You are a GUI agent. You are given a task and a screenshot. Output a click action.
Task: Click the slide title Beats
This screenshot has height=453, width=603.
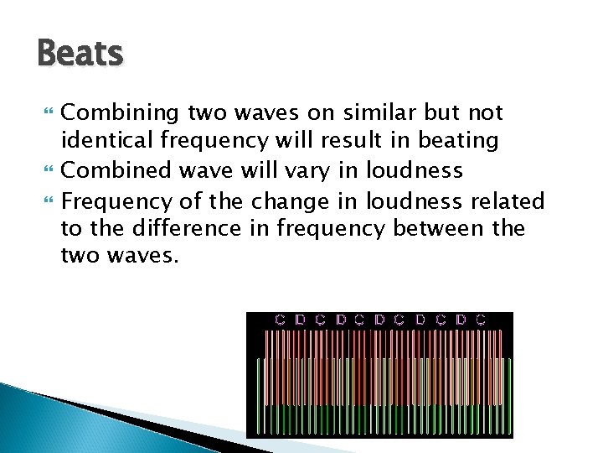[80, 55]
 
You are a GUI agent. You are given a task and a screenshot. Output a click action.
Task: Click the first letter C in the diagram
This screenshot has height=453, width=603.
[281, 320]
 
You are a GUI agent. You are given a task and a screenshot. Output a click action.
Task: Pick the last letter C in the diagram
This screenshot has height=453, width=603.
[481, 320]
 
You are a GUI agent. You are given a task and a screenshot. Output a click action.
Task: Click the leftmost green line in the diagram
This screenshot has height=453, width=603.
[259, 394]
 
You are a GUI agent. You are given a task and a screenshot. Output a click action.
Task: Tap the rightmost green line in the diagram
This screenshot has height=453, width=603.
[508, 394]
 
